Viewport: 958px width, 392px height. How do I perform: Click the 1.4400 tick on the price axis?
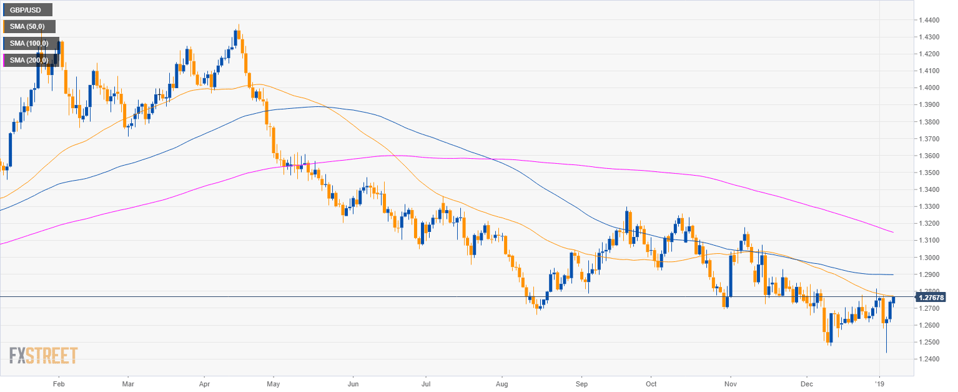tap(929, 21)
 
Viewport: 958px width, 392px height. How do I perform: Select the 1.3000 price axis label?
tap(929, 258)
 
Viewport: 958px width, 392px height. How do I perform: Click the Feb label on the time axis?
tap(58, 383)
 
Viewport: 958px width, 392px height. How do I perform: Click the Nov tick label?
tap(729, 383)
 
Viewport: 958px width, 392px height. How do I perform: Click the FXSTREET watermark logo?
tap(43, 356)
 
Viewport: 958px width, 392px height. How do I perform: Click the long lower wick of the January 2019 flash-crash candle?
tap(886, 341)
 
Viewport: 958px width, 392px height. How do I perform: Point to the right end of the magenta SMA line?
tap(892, 232)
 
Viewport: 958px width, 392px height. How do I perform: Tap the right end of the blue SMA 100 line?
tap(892, 275)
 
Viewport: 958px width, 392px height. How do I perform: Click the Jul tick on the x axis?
tap(426, 383)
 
